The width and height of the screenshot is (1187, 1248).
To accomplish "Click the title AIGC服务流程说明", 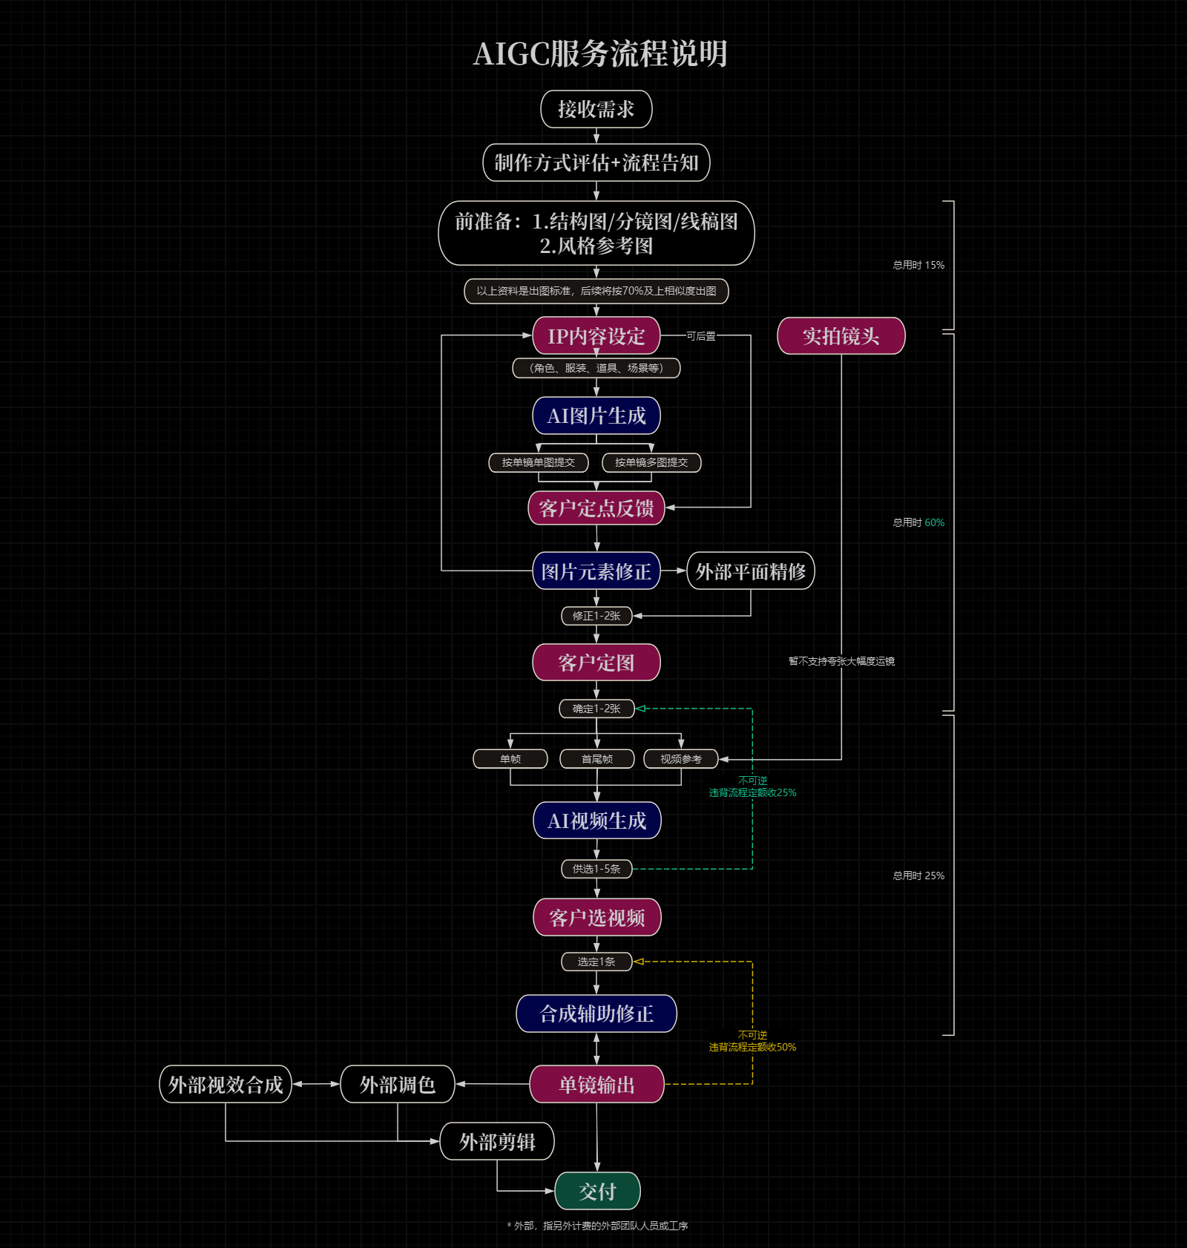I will [x=600, y=53].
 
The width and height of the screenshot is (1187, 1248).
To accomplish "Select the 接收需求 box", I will [x=596, y=109].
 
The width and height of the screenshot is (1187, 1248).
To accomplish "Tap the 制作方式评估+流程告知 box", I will [x=596, y=162].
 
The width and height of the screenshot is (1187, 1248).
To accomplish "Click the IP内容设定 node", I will [x=596, y=336].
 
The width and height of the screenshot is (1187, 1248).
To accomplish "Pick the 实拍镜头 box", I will [x=841, y=336].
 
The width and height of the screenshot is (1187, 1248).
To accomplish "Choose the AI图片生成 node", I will [x=596, y=416].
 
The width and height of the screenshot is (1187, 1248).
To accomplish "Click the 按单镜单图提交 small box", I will [x=539, y=462].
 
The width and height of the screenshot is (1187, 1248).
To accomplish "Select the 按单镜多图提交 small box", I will [x=651, y=462].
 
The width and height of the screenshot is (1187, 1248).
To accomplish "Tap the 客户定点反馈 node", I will [x=596, y=508].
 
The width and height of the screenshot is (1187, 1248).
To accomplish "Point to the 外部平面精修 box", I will [x=751, y=571].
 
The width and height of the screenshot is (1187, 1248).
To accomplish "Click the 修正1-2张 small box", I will [x=596, y=616].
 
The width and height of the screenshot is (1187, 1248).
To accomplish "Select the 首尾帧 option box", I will [x=597, y=759].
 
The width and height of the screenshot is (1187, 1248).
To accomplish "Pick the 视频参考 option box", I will [x=681, y=759].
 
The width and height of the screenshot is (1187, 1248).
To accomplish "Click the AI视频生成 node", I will [x=597, y=821].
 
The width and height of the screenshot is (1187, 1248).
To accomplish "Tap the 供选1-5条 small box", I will [x=596, y=869].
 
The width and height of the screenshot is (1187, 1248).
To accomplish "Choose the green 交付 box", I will [x=597, y=1192].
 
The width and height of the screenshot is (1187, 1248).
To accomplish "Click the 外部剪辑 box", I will [x=497, y=1142].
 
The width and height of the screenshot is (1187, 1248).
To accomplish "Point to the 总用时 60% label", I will [x=918, y=522].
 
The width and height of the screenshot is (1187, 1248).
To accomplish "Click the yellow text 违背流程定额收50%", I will [x=752, y=1047].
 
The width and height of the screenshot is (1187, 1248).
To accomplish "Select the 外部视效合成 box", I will [x=226, y=1085].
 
